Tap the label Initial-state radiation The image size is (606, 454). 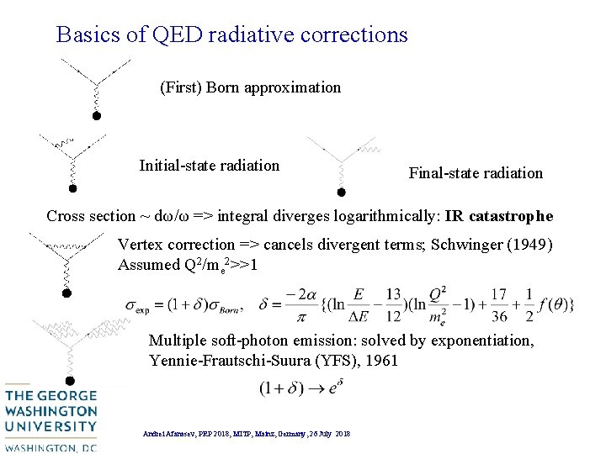click(x=209, y=166)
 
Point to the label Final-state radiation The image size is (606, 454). click(x=476, y=173)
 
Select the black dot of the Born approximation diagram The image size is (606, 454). click(x=96, y=116)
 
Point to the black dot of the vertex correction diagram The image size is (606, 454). click(x=67, y=293)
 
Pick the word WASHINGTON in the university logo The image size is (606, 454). click(x=50, y=412)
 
